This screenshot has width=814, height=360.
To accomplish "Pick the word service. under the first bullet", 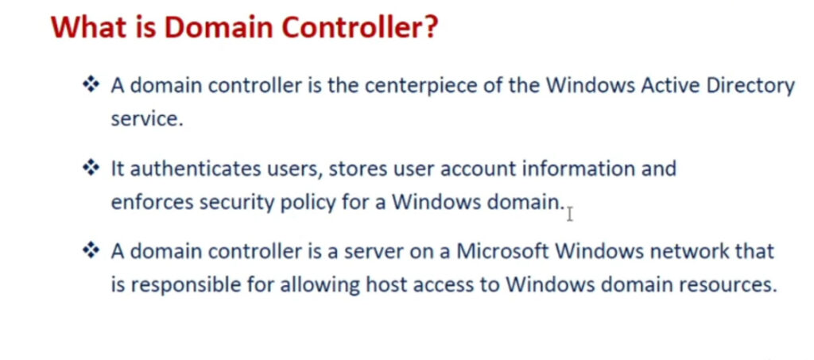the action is click(x=147, y=118).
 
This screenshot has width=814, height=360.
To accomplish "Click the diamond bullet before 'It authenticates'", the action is click(x=91, y=168).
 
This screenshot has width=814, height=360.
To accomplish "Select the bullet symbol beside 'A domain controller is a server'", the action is click(x=91, y=251).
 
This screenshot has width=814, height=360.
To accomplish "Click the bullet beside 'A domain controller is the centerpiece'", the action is click(x=91, y=85).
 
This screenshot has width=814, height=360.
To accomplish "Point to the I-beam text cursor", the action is click(x=569, y=215).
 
